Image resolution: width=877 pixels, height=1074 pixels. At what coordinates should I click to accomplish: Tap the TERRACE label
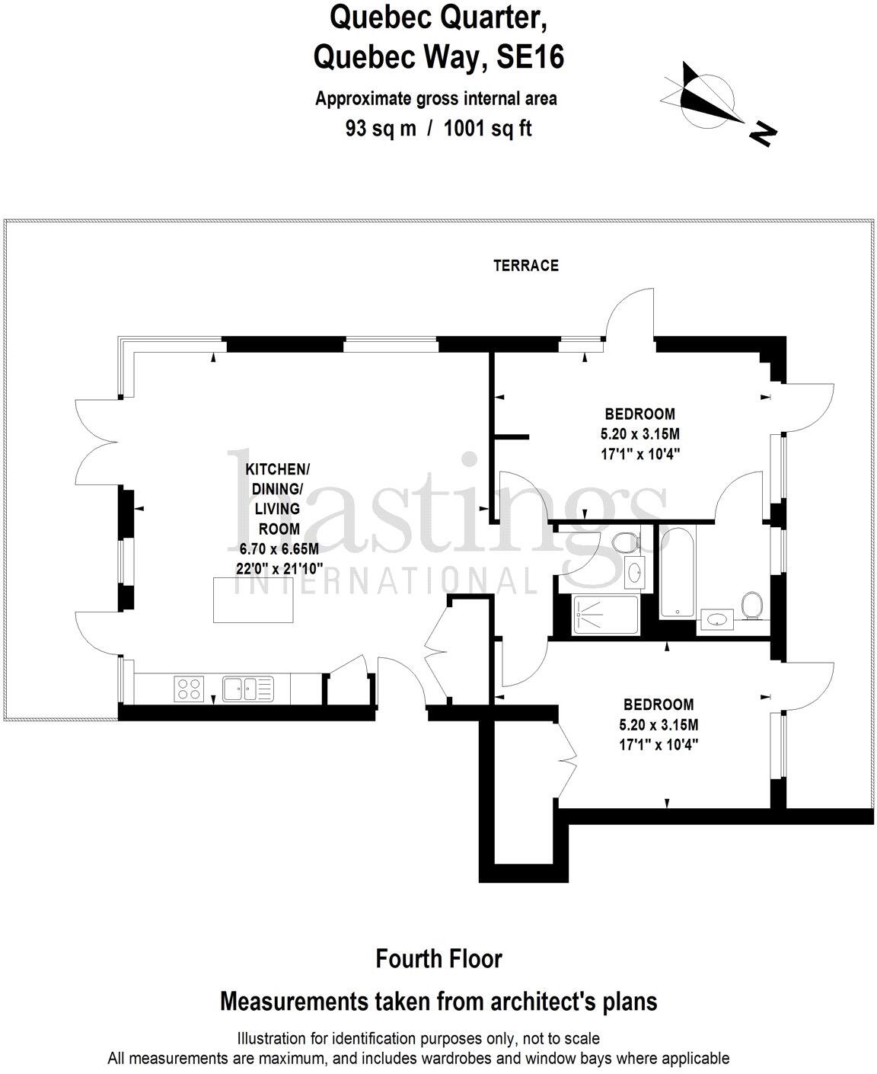click(525, 265)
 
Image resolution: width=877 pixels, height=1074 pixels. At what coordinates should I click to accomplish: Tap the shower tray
click(604, 615)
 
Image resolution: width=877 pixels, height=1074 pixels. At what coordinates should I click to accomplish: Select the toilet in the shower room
click(625, 543)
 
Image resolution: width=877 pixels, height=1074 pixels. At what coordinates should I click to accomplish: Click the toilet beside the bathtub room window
click(751, 606)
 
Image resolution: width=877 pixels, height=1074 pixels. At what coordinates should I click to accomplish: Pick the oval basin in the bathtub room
click(716, 620)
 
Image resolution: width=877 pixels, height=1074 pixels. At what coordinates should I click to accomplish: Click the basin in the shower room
click(633, 572)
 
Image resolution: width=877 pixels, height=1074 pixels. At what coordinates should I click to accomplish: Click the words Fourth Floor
click(438, 958)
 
